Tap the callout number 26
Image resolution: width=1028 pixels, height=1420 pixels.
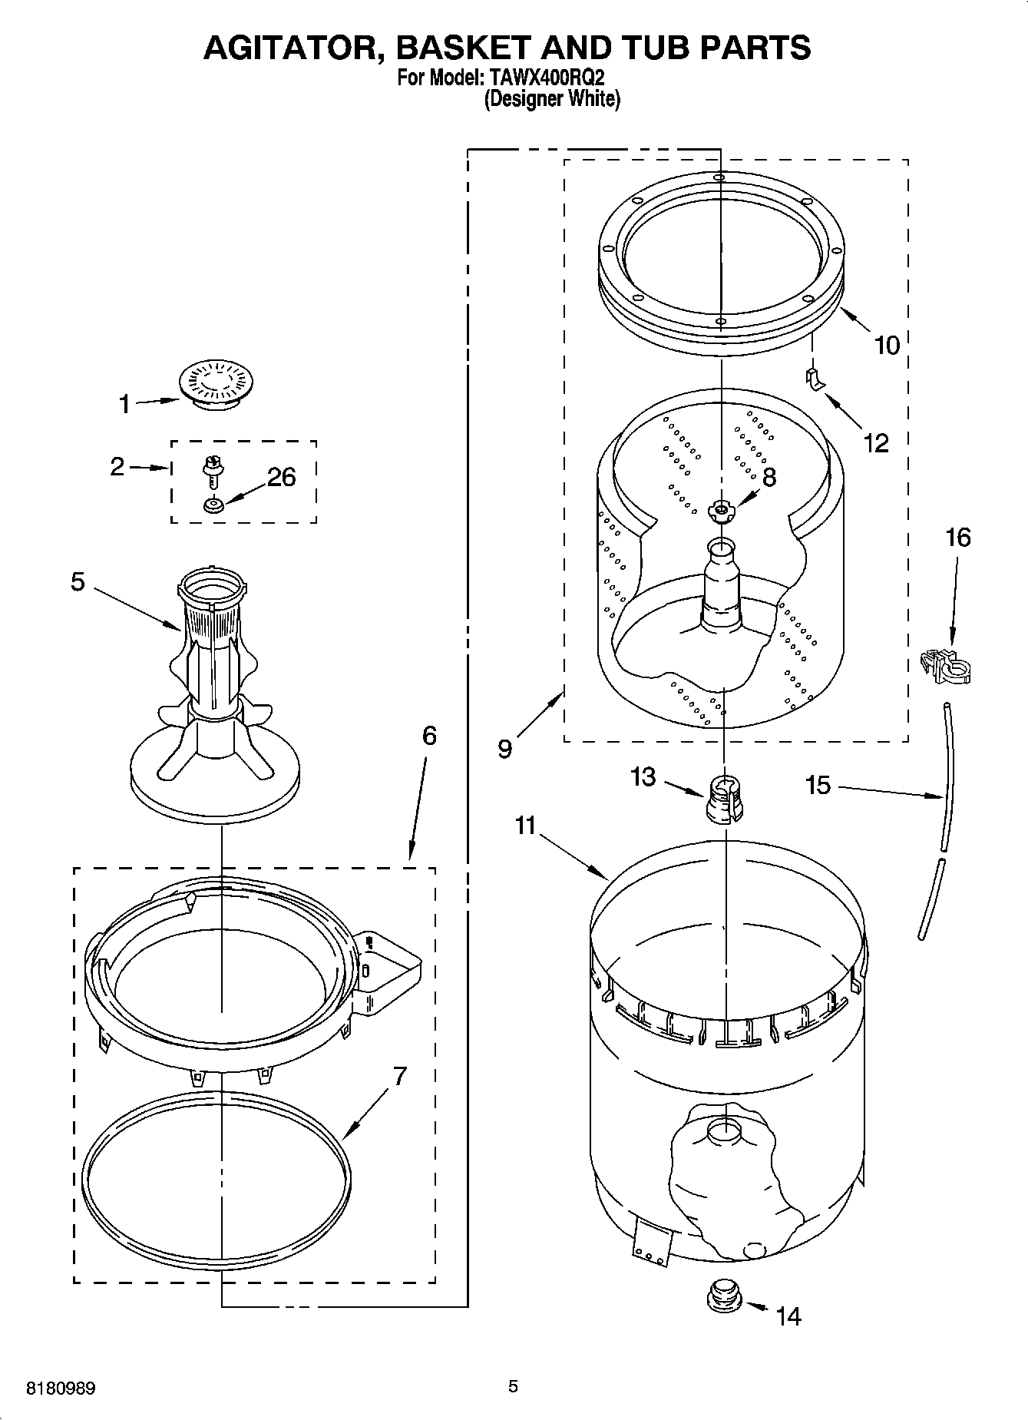[281, 477]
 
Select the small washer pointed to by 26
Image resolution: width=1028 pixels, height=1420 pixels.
[213, 505]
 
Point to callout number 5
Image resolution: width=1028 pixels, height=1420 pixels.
[78, 581]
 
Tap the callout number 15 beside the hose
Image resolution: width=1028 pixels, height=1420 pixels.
[818, 784]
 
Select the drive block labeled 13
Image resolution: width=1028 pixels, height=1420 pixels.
[722, 799]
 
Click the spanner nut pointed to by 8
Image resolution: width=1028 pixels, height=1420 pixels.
[721, 510]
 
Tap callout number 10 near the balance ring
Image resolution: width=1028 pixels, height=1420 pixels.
[887, 345]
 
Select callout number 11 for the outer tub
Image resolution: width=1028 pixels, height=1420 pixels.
[525, 826]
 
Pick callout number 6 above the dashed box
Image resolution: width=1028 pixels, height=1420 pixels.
[429, 736]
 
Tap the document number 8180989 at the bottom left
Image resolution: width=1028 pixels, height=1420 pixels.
[61, 1389]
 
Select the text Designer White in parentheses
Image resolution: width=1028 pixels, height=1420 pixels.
[551, 99]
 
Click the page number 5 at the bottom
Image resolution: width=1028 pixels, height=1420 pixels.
[513, 1386]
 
